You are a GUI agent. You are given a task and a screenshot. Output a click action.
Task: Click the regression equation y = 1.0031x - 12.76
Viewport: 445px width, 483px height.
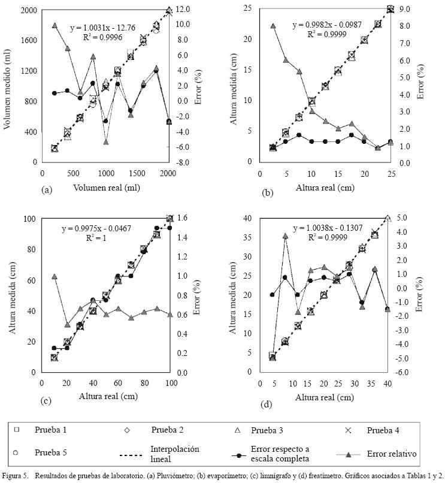coord(106,27)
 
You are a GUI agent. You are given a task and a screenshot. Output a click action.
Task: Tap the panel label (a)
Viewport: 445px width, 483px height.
coord(46,189)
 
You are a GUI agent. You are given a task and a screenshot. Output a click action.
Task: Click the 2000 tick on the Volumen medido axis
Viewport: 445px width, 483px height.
coord(28,10)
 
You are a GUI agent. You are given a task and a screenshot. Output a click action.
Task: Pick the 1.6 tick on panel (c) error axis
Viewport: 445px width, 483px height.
coord(185,219)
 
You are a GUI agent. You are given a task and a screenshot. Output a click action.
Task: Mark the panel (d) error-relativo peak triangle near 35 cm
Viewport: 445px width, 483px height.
coord(285,236)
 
